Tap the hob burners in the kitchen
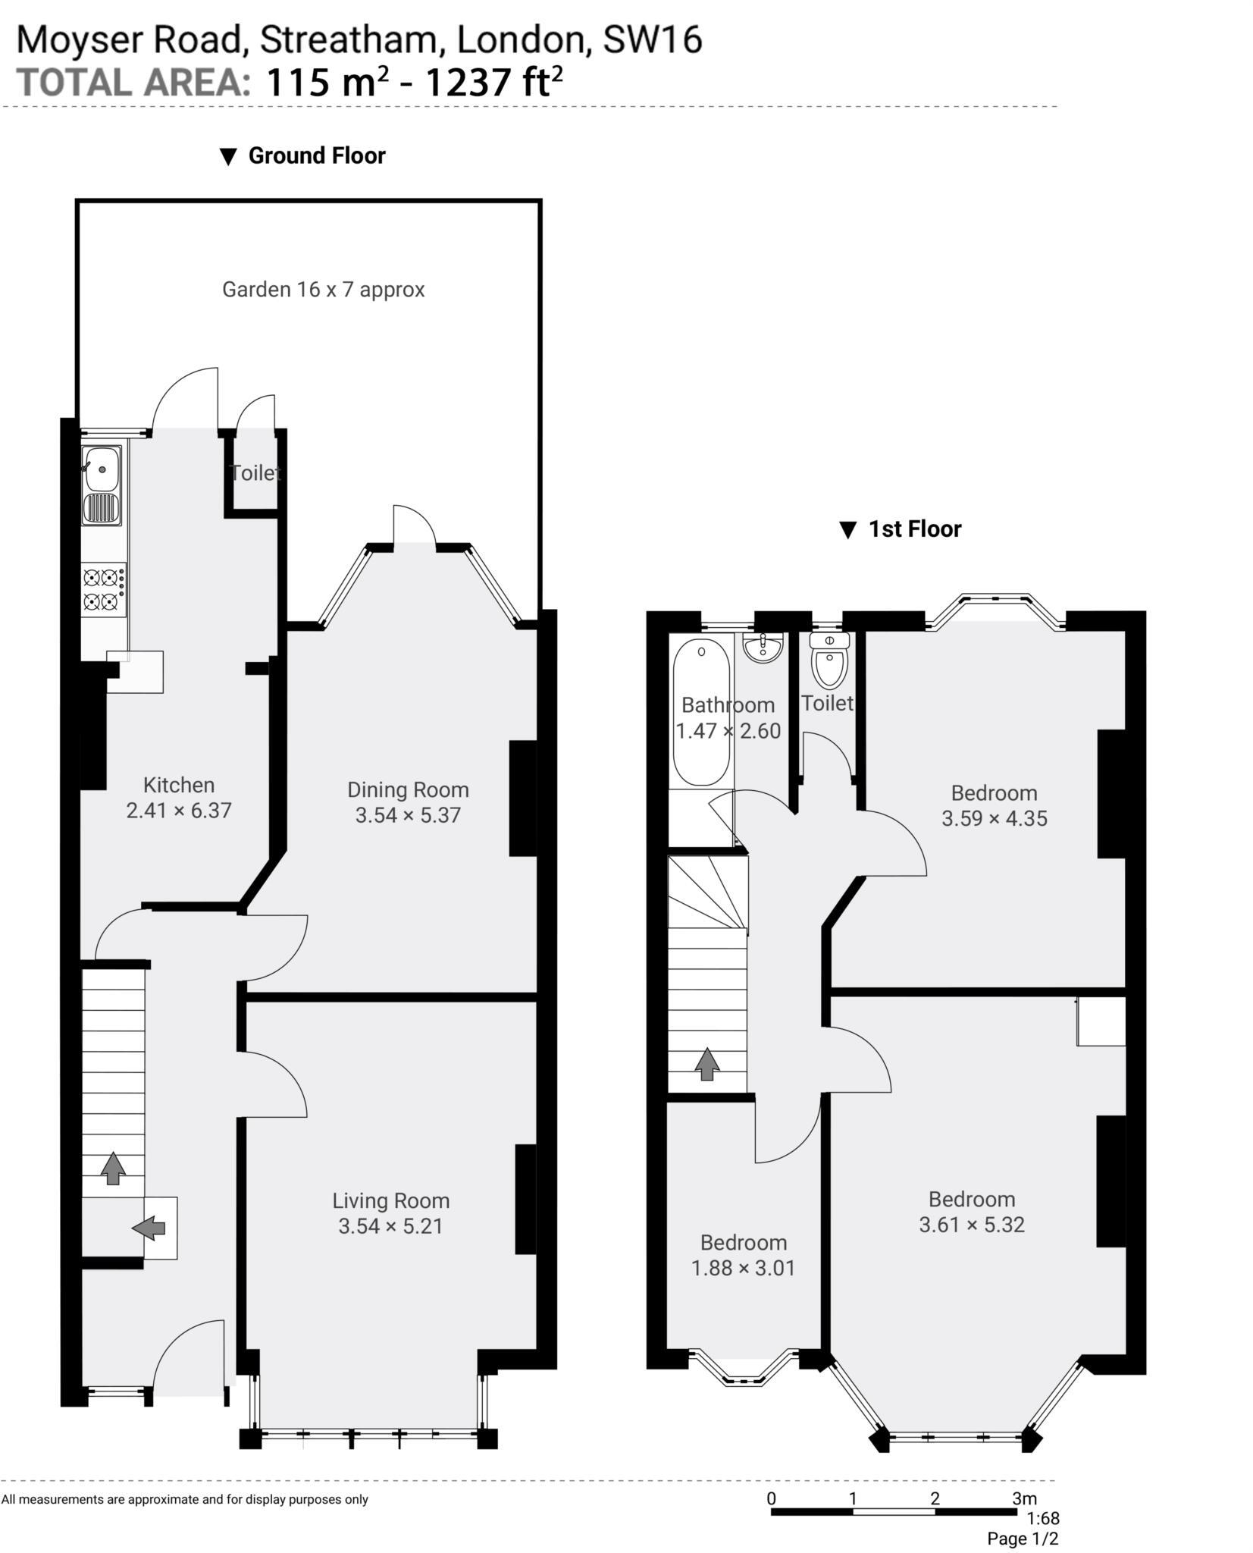104,589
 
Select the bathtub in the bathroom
701,711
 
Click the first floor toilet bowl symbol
829,661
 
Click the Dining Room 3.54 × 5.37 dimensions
408,815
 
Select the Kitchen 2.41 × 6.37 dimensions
178,810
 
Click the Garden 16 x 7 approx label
323,289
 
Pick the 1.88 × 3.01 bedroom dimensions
743,1268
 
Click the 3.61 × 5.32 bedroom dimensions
972,1225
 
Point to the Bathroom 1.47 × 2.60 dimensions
728,731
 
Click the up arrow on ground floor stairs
114,1168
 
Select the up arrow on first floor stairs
707,1063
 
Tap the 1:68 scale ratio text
1043,1518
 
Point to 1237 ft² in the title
493,81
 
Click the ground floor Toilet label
256,472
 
